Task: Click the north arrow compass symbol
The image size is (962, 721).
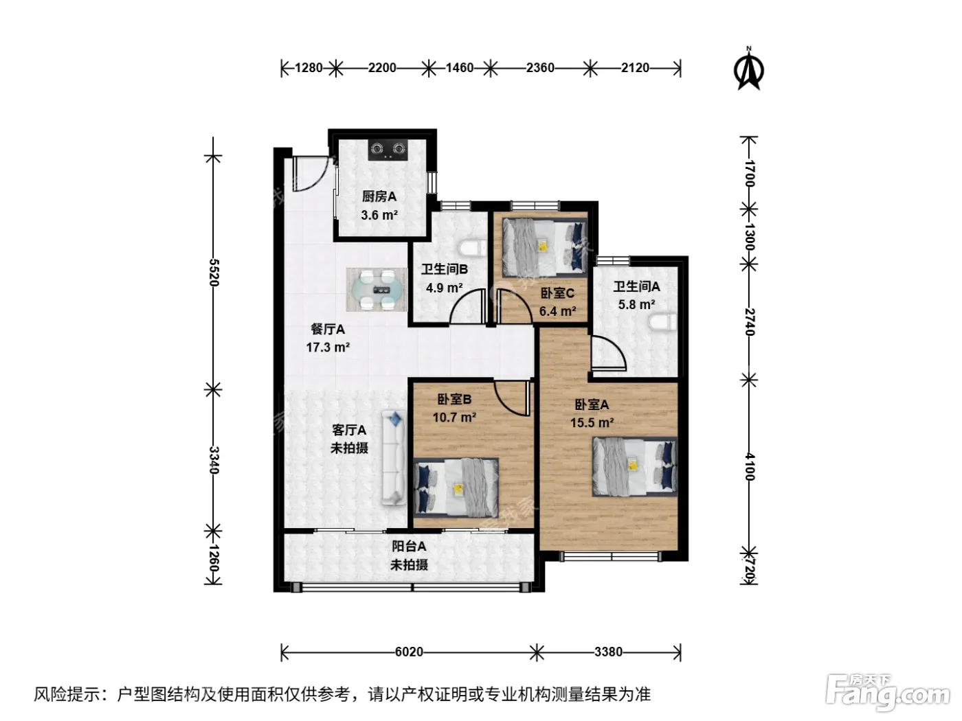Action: [x=748, y=70]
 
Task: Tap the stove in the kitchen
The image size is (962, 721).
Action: [x=388, y=150]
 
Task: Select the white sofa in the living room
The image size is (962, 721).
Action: [x=393, y=457]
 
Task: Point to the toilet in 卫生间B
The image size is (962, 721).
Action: [x=473, y=248]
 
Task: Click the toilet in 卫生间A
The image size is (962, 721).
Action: [x=662, y=323]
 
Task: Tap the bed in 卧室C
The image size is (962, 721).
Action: [x=544, y=248]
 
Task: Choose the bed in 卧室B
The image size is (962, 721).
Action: [x=456, y=488]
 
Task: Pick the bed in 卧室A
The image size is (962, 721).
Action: [x=635, y=467]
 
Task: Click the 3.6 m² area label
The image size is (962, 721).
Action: [x=379, y=215]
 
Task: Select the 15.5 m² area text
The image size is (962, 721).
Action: [x=592, y=422]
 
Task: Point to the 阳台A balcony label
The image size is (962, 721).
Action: [x=409, y=547]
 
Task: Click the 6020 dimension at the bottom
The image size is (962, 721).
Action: [x=409, y=652]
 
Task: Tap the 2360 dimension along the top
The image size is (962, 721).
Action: [x=540, y=68]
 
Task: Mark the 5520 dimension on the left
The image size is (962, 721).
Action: [x=214, y=273]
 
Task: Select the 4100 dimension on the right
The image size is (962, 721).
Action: [x=750, y=467]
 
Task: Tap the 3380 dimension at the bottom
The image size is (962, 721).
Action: [x=608, y=652]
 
